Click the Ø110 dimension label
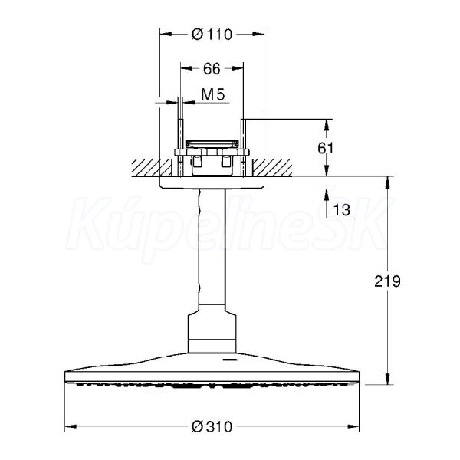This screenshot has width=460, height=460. pos(212,34)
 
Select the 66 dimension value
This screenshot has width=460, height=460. pos(212,69)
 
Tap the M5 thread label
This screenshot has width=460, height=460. pos(213,94)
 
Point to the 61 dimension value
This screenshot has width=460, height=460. pos(326,148)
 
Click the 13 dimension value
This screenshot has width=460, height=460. pos(342,210)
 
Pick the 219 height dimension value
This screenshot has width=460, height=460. pos(387,281)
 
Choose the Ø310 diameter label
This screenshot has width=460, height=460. pos(212,427)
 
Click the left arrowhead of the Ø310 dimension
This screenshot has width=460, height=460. pos(71,426)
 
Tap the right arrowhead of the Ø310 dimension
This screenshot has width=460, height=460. pos(353,426)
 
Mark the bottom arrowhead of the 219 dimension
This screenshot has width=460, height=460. pos(387,379)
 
